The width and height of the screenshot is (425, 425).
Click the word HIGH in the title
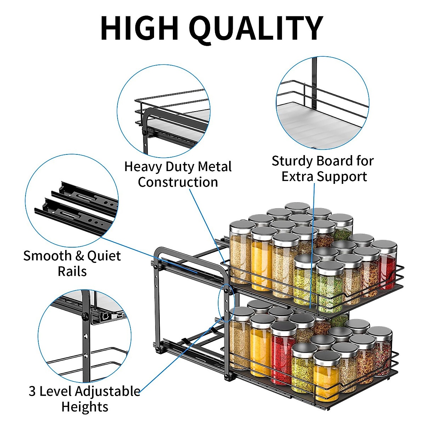pyautogui.click(x=139, y=28)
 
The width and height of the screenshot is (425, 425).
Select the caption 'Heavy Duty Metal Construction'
pyautogui.click(x=178, y=174)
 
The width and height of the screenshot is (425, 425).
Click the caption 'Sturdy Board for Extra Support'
pyautogui.click(x=323, y=169)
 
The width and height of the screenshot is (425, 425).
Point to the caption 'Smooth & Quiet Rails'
pyautogui.click(x=72, y=263)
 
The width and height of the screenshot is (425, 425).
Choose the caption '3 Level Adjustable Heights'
pyautogui.click(x=85, y=399)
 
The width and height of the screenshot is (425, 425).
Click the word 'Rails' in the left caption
pyautogui.click(x=72, y=271)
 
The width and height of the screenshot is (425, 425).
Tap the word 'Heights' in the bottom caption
pyautogui.click(x=85, y=407)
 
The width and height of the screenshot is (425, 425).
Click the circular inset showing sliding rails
pyautogui.click(x=72, y=201)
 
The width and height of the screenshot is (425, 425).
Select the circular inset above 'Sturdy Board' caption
pyautogui.click(x=322, y=103)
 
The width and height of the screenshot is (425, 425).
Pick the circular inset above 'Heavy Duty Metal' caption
pyautogui.click(x=164, y=111)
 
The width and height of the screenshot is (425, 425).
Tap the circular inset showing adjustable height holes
pyautogui.click(x=85, y=336)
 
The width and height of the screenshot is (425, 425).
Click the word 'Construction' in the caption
pyautogui.click(x=178, y=182)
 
